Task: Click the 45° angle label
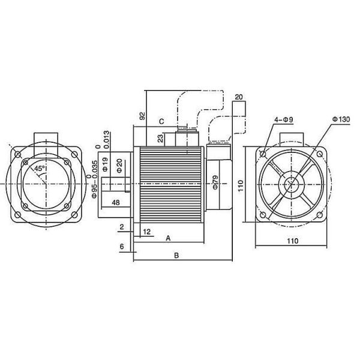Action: pyautogui.click(x=38, y=169)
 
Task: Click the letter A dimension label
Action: pyautogui.click(x=169, y=238)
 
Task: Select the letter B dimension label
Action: pyautogui.click(x=176, y=255)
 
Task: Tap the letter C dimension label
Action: pyautogui.click(x=161, y=121)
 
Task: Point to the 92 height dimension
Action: pyautogui.click(x=142, y=116)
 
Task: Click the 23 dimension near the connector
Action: pyautogui.click(x=160, y=139)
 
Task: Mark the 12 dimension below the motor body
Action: pyautogui.click(x=147, y=231)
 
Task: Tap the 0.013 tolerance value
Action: pyautogui.click(x=106, y=137)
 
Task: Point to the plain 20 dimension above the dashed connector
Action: pyautogui.click(x=238, y=97)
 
